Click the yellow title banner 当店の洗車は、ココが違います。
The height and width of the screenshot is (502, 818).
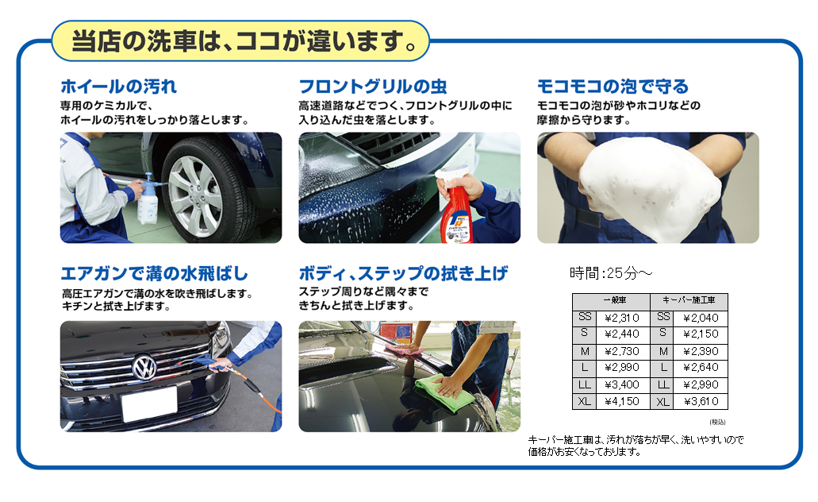pos(240,41)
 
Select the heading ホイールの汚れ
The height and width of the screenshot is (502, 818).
pos(118,87)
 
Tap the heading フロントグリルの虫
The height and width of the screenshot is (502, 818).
pos(372,87)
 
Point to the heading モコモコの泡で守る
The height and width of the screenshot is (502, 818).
pos(613,87)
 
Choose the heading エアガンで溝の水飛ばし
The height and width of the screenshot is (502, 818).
pos(155,273)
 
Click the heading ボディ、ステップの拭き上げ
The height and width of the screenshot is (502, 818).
pos(403,273)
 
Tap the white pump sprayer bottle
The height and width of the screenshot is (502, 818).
pos(148,199)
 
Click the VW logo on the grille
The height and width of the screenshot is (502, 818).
pos(145,367)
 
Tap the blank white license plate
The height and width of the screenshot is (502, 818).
pos(149,405)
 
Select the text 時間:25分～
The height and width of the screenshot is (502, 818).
pos(611,272)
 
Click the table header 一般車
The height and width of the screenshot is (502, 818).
pos(615,300)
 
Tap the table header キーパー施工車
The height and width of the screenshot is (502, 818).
pos(689,300)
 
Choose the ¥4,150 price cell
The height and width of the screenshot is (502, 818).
pos(622,401)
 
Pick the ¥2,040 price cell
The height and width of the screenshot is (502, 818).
pos(701,318)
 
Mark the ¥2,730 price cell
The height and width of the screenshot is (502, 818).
pos(622,351)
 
